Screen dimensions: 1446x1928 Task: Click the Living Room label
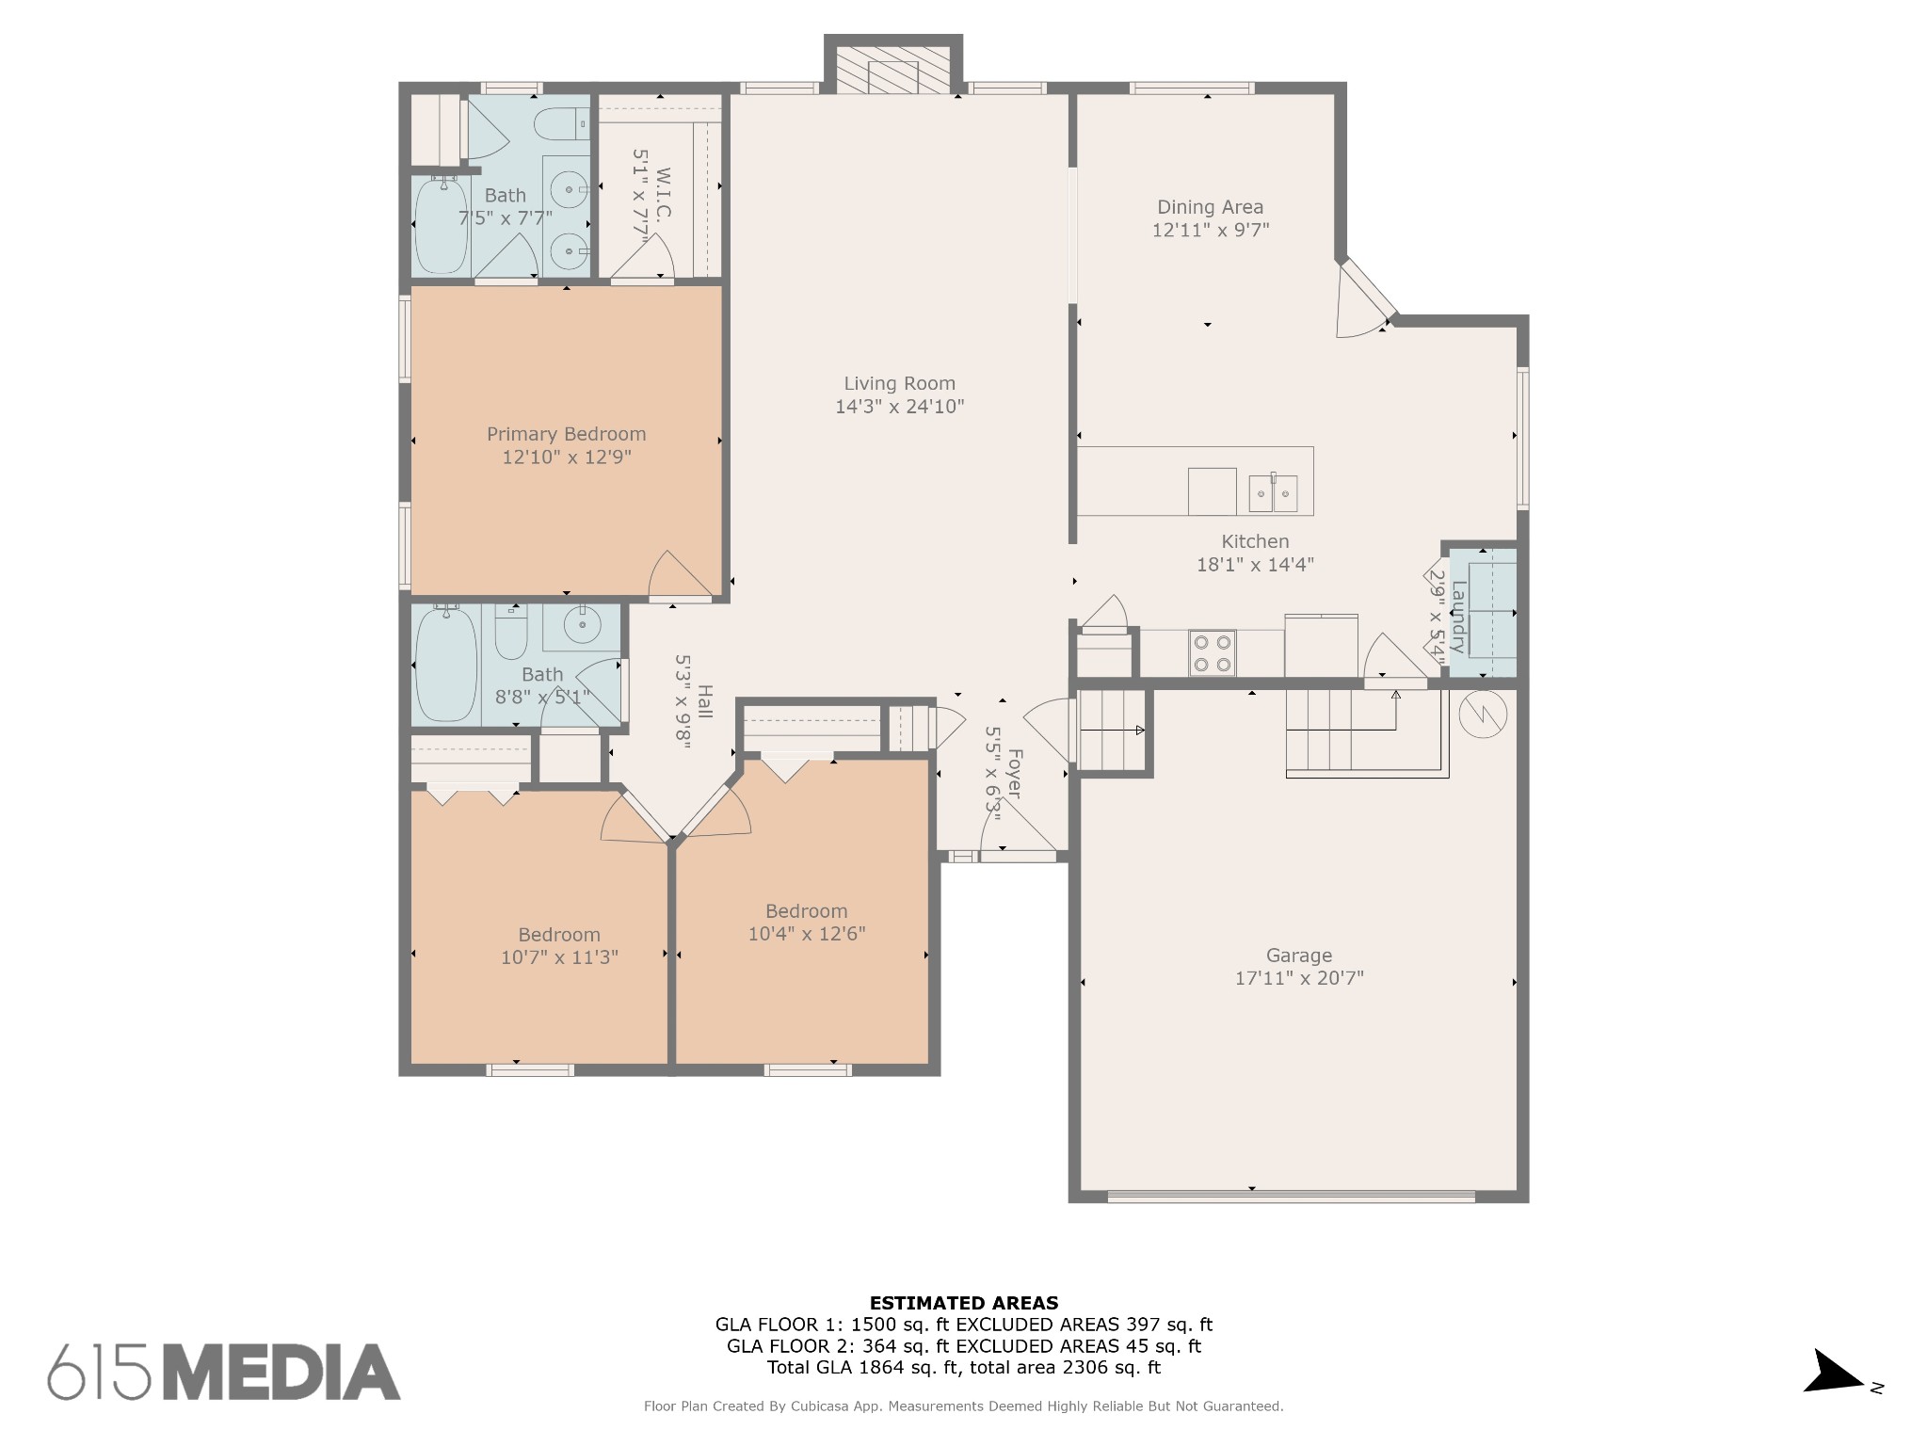click(x=899, y=383)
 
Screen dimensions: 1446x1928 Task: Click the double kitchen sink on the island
click(x=1273, y=492)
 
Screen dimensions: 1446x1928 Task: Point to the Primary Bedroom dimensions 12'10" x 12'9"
click(x=566, y=458)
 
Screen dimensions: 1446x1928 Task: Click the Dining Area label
click(x=1210, y=207)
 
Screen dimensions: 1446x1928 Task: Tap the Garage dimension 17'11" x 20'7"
click(x=1299, y=978)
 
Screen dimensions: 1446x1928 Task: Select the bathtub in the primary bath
click(x=442, y=226)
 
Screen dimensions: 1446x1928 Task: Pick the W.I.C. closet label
click(x=663, y=193)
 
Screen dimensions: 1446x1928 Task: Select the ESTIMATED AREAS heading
click(x=963, y=1303)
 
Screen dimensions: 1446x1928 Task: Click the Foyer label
click(x=1015, y=774)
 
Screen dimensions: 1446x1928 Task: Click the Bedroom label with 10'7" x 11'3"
click(x=559, y=935)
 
